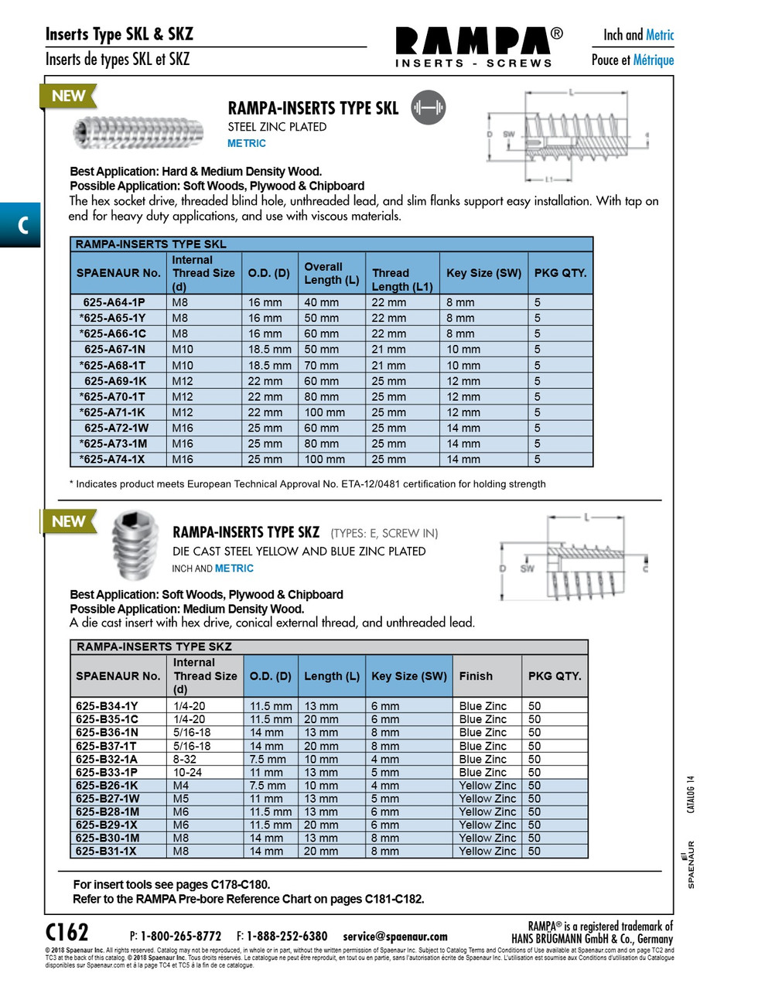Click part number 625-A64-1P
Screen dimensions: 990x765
coord(114,302)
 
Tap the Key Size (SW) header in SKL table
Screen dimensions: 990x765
coord(483,273)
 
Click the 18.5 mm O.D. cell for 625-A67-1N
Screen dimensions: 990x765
coord(269,350)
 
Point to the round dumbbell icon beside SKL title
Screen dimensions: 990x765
coord(428,108)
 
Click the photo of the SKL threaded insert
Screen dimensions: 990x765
coord(138,132)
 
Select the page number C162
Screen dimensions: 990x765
coord(67,931)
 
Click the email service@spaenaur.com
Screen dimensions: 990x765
coord(395,937)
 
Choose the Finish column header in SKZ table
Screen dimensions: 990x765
coord(476,676)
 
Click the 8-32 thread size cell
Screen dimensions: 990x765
coord(185,760)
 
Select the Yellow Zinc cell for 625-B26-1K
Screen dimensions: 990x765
coord(487,786)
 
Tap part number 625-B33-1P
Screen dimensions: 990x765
coord(107,773)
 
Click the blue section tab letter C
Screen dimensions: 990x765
coord(21,225)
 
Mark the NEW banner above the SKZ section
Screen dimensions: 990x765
coord(68,522)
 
